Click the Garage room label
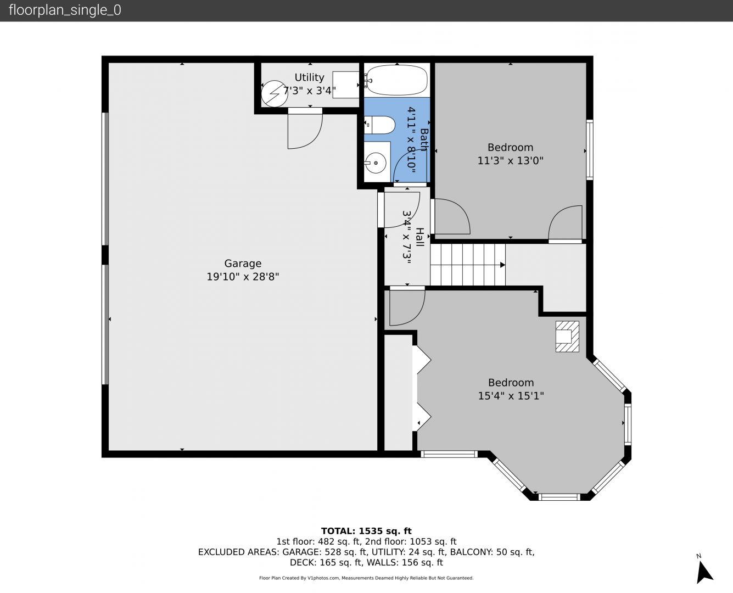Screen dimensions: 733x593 243,264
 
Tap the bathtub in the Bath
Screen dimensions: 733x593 396,80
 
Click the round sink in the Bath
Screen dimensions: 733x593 376,163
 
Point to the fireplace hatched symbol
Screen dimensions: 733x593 567,336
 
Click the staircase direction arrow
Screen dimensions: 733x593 503,265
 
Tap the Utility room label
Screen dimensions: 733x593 309,77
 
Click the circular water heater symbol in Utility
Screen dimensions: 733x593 275,93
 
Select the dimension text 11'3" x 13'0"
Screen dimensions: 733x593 510,160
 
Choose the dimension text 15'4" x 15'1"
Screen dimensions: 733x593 511,396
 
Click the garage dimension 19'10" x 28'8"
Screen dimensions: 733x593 243,277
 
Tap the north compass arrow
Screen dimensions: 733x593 704,573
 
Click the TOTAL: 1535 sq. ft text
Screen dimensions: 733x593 366,531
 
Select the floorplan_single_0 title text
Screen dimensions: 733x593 65,10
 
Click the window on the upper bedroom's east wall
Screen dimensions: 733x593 590,150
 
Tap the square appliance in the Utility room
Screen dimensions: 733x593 346,85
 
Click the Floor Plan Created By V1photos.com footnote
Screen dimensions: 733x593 366,578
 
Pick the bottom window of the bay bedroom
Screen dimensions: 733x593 559,496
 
